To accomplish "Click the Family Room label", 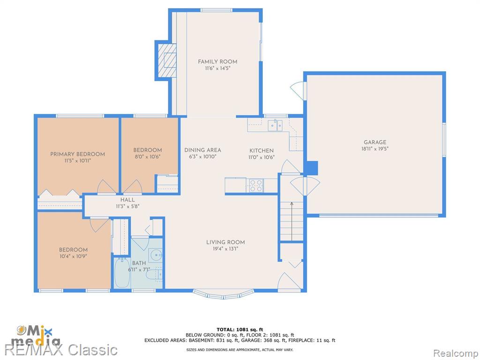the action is pos(217,61).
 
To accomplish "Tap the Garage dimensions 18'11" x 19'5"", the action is pos(375,149).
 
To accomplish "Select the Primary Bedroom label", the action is pos(77,154).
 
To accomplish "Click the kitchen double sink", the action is pos(275,126).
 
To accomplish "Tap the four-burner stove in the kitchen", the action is pos(255,186).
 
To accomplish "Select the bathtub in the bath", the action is pos(122,273).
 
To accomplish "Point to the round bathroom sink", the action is pos(156,255).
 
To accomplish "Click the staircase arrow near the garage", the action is pos(292,221).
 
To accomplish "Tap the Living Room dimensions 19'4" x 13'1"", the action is pos(225,249).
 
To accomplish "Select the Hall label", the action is pos(127,200).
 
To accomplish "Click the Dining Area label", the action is pos(202,150).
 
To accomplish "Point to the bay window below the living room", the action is pos(223,294).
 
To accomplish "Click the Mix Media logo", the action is pos(37,336).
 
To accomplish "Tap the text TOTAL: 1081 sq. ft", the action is pos(240,330).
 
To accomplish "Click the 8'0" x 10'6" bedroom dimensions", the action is pos(147,157).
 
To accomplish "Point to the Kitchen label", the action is pos(262,150).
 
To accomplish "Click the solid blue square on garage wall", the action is pos(312,168).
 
